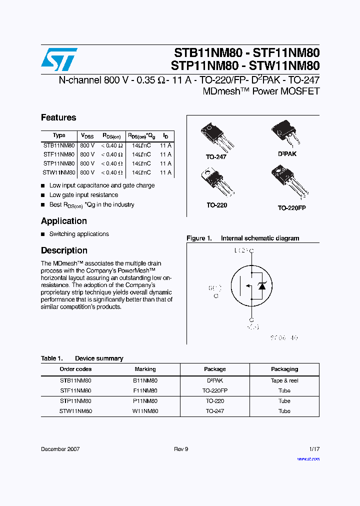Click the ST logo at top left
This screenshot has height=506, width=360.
59,59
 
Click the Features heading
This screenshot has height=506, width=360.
58,117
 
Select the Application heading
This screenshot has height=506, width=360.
64,221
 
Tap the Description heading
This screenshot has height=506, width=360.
64,250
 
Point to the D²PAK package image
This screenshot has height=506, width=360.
285,134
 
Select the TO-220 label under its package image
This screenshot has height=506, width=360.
216,205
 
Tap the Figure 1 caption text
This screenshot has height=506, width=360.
243,238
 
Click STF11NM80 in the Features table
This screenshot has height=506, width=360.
59,154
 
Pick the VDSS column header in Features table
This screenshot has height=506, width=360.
87,135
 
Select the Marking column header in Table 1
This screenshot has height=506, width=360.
145,369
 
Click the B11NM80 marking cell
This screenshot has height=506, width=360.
145,380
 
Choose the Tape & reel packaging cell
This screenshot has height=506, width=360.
284,380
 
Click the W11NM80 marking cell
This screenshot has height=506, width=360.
145,411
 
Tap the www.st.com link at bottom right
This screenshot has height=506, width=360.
308,458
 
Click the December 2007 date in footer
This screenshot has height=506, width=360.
60,449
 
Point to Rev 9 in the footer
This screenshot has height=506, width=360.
181,449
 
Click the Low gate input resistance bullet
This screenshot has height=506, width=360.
83,195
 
